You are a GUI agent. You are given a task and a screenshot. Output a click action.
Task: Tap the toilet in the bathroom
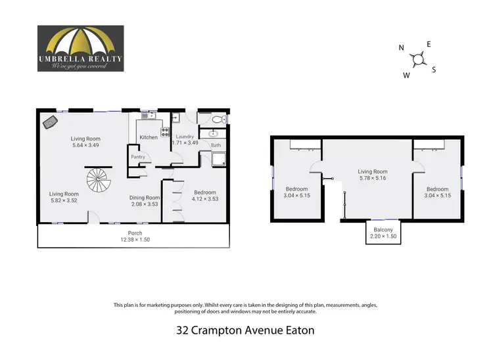click(x=220, y=120)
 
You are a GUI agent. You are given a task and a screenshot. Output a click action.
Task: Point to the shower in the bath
click(x=218, y=158)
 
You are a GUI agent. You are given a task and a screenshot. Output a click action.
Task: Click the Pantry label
click(x=138, y=157)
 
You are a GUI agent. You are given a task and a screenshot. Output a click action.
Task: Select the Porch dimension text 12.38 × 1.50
click(x=134, y=240)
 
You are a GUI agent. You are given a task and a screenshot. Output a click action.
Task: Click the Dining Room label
click(x=144, y=197)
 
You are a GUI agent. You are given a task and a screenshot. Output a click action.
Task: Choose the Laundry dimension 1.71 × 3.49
click(x=185, y=143)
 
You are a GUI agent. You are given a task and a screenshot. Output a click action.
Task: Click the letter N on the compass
click(x=401, y=47)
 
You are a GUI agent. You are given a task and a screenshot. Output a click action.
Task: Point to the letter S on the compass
click(x=434, y=70)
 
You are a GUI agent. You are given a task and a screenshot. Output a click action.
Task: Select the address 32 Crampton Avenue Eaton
click(x=246, y=330)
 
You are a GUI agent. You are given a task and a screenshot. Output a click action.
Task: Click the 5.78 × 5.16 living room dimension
click(x=373, y=178)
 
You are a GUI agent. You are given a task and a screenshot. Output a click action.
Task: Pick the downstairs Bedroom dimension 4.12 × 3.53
click(x=204, y=199)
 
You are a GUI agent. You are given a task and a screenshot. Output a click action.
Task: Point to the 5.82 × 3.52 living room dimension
click(x=64, y=200)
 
